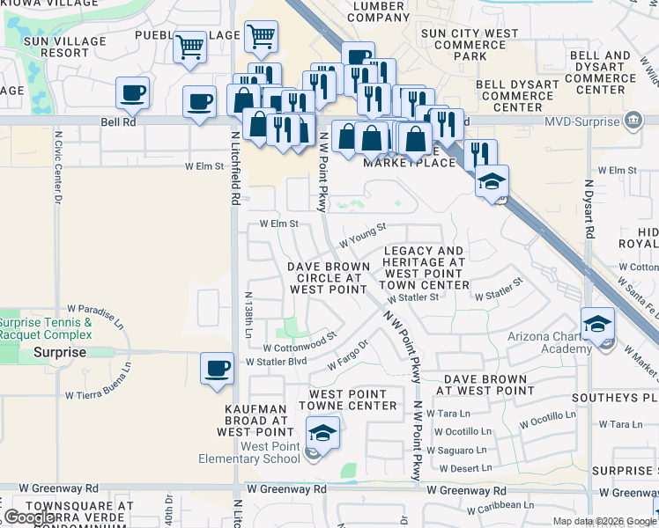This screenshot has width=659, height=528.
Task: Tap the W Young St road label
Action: click(x=362, y=235)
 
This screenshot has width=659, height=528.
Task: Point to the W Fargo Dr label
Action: click(x=347, y=356)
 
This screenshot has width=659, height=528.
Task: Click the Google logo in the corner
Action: click(x=30, y=517)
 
